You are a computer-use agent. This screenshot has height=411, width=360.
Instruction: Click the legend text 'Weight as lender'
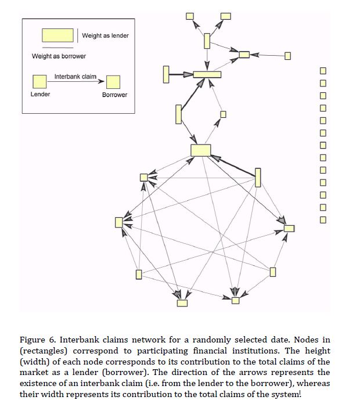click(x=105, y=36)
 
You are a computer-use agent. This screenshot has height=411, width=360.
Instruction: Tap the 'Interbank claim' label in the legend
click(x=75, y=77)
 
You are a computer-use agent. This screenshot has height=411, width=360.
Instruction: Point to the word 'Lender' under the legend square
click(x=40, y=94)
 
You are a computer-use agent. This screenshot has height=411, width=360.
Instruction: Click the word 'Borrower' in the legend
click(x=114, y=95)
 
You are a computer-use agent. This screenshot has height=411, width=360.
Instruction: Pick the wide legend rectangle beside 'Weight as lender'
click(x=57, y=35)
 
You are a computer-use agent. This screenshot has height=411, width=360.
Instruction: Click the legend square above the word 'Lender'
click(x=39, y=81)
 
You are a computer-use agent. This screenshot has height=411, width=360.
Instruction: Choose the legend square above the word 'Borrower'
click(x=113, y=82)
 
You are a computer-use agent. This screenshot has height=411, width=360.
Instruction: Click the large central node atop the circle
click(x=200, y=150)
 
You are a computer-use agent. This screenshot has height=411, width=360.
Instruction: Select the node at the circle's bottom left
click(x=182, y=302)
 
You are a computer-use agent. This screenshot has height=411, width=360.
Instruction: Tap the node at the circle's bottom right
click(x=235, y=300)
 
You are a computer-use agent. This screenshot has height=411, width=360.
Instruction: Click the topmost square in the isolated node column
click(x=323, y=70)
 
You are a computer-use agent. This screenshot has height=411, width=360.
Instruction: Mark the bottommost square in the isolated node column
click(x=323, y=219)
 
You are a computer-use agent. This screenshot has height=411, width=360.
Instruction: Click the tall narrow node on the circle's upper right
click(x=258, y=176)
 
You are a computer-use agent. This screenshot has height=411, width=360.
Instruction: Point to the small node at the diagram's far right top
click(x=287, y=56)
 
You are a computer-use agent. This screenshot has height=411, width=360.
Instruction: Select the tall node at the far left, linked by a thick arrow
click(x=167, y=74)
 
